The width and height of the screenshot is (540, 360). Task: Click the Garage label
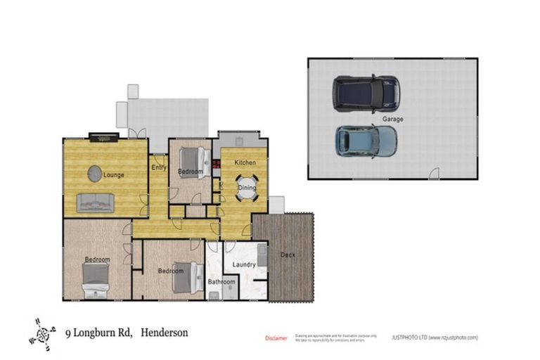point(392,119)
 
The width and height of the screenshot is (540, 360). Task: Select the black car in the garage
point(366,94)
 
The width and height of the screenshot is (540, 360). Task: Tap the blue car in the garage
point(366,141)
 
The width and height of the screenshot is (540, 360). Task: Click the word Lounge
point(113,174)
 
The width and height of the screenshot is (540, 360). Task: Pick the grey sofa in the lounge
point(96,202)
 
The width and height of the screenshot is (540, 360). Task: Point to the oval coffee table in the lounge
point(95,173)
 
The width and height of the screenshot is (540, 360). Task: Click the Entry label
point(158,167)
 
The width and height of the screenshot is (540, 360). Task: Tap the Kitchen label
point(245,162)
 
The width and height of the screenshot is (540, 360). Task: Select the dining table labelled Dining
point(247,188)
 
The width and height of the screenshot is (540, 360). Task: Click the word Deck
point(288,255)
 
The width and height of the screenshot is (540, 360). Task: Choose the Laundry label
point(244,264)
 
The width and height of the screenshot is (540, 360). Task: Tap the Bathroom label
point(221,282)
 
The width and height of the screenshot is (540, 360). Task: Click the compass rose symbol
point(44,333)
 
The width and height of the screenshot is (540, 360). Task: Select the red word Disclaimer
point(276,338)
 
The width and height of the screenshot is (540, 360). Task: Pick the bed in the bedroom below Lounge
point(95,280)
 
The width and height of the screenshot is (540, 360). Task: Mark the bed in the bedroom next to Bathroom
point(186,278)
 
